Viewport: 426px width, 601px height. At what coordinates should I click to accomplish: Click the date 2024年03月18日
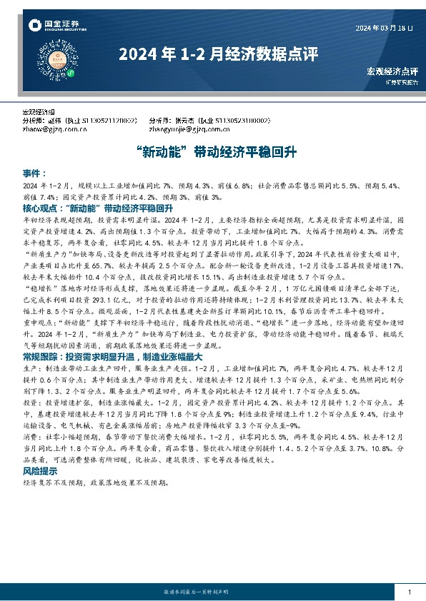(384, 28)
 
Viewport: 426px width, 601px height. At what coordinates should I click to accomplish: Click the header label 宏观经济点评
(392, 71)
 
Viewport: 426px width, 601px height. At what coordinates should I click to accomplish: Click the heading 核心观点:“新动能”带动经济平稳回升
(99, 208)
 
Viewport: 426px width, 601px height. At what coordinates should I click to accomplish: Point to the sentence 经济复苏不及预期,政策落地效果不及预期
(97, 483)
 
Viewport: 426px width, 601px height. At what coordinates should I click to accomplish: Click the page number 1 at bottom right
(408, 592)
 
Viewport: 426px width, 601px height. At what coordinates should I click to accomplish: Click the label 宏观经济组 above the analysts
(41, 113)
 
